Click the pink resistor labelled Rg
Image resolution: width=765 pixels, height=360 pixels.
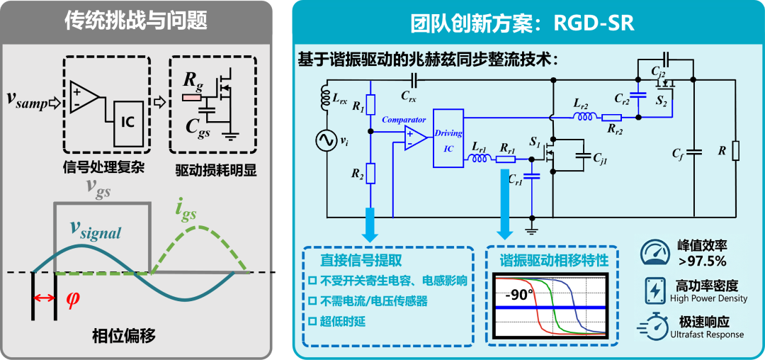(x=191, y=98)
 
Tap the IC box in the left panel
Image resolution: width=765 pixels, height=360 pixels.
(x=128, y=124)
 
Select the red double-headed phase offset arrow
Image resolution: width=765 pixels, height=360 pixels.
(x=43, y=298)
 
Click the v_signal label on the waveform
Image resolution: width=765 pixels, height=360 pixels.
(x=95, y=230)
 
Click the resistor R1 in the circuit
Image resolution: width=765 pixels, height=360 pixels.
(x=370, y=104)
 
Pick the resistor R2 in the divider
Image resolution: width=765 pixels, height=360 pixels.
(x=370, y=174)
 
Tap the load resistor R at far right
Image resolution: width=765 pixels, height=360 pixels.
(x=736, y=151)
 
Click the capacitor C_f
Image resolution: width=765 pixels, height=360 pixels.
(x=693, y=152)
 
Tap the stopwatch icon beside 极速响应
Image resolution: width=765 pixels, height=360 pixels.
(x=654, y=325)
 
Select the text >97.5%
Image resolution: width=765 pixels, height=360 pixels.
(x=701, y=261)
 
